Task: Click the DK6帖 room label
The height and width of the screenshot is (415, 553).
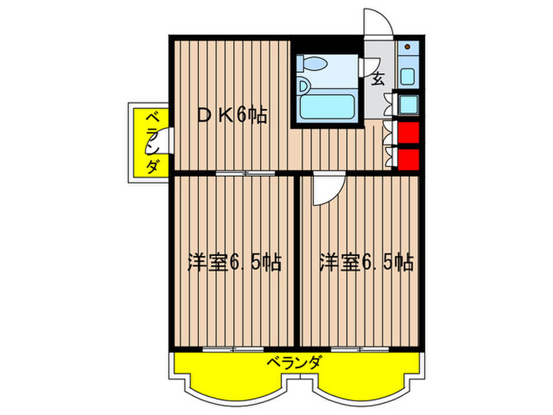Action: [231, 115]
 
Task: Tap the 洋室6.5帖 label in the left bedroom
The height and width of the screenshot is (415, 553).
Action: [235, 262]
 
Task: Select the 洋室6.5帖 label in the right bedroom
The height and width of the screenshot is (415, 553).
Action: [367, 262]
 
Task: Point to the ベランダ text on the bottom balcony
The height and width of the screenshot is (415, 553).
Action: [294, 362]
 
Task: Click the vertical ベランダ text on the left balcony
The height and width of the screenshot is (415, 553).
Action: [152, 142]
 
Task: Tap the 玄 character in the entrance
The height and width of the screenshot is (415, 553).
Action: [378, 79]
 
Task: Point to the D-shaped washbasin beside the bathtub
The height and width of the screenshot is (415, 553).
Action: [303, 85]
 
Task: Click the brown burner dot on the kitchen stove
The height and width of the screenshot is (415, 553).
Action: [408, 47]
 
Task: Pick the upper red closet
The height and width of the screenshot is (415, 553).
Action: [408, 133]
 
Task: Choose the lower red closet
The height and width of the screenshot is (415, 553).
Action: [408, 159]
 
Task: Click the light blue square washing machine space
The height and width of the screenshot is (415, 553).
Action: [408, 104]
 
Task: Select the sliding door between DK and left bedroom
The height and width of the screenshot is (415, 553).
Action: [246, 173]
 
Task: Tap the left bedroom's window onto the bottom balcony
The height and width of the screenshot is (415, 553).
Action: [233, 349]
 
